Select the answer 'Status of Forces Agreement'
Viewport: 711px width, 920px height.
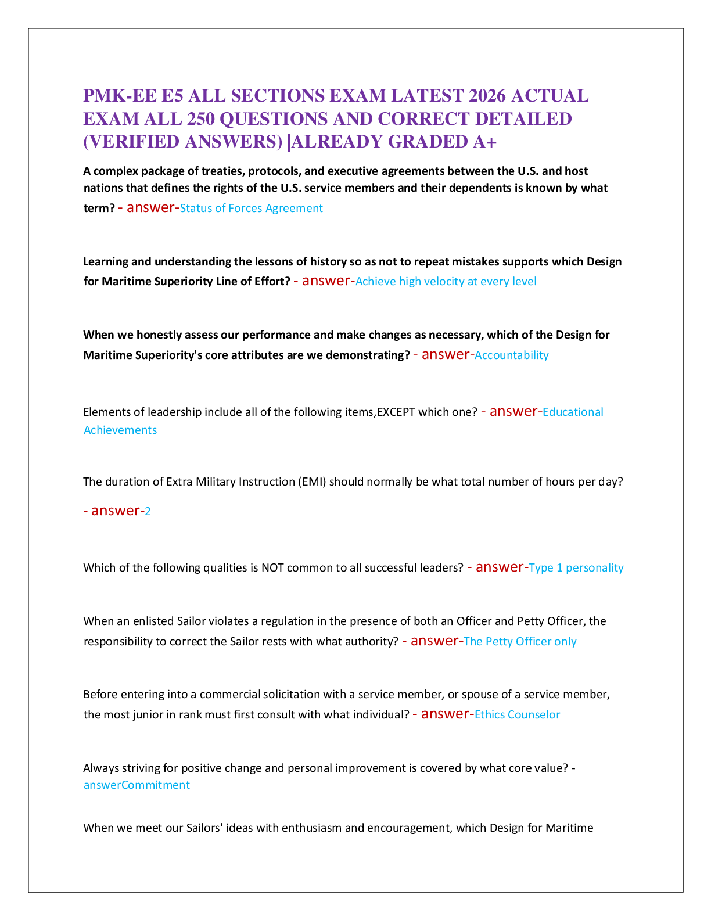pos(251,209)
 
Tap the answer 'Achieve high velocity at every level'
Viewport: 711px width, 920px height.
pos(446,282)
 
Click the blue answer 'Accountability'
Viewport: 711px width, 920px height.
pos(511,355)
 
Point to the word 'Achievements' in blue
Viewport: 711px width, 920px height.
pos(120,430)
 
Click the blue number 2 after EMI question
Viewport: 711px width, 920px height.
pos(148,512)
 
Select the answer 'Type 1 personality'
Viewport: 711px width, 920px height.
pos(576,568)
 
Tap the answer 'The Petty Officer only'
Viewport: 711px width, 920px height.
pos(520,642)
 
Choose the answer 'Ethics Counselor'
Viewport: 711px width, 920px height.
pos(517,715)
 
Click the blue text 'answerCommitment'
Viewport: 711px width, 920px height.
pos(137,785)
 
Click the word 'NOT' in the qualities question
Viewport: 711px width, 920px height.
pos(272,568)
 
